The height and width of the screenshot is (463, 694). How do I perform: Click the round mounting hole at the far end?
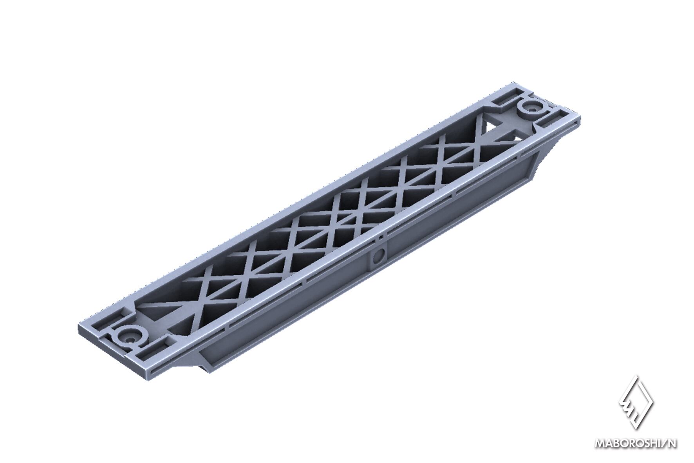click(x=532, y=106)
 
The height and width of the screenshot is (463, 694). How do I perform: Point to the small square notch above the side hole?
click(x=380, y=238)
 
